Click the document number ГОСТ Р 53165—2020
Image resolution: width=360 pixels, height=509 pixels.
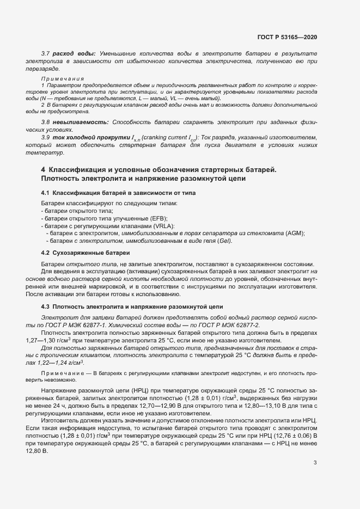(x=287, y=37)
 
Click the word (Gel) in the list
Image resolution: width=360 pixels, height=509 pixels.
(x=225, y=241)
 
